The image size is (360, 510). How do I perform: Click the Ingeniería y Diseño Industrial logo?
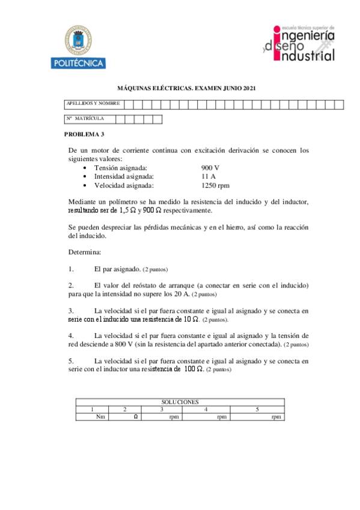click(298, 43)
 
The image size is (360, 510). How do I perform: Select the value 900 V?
click(210, 167)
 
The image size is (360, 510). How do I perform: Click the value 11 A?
click(209, 176)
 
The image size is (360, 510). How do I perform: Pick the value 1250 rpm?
click(215, 185)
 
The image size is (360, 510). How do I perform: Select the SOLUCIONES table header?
click(180, 402)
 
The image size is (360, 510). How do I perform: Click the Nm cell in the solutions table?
click(100, 416)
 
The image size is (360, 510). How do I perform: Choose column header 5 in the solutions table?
click(257, 409)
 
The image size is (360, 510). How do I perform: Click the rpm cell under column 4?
click(222, 416)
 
